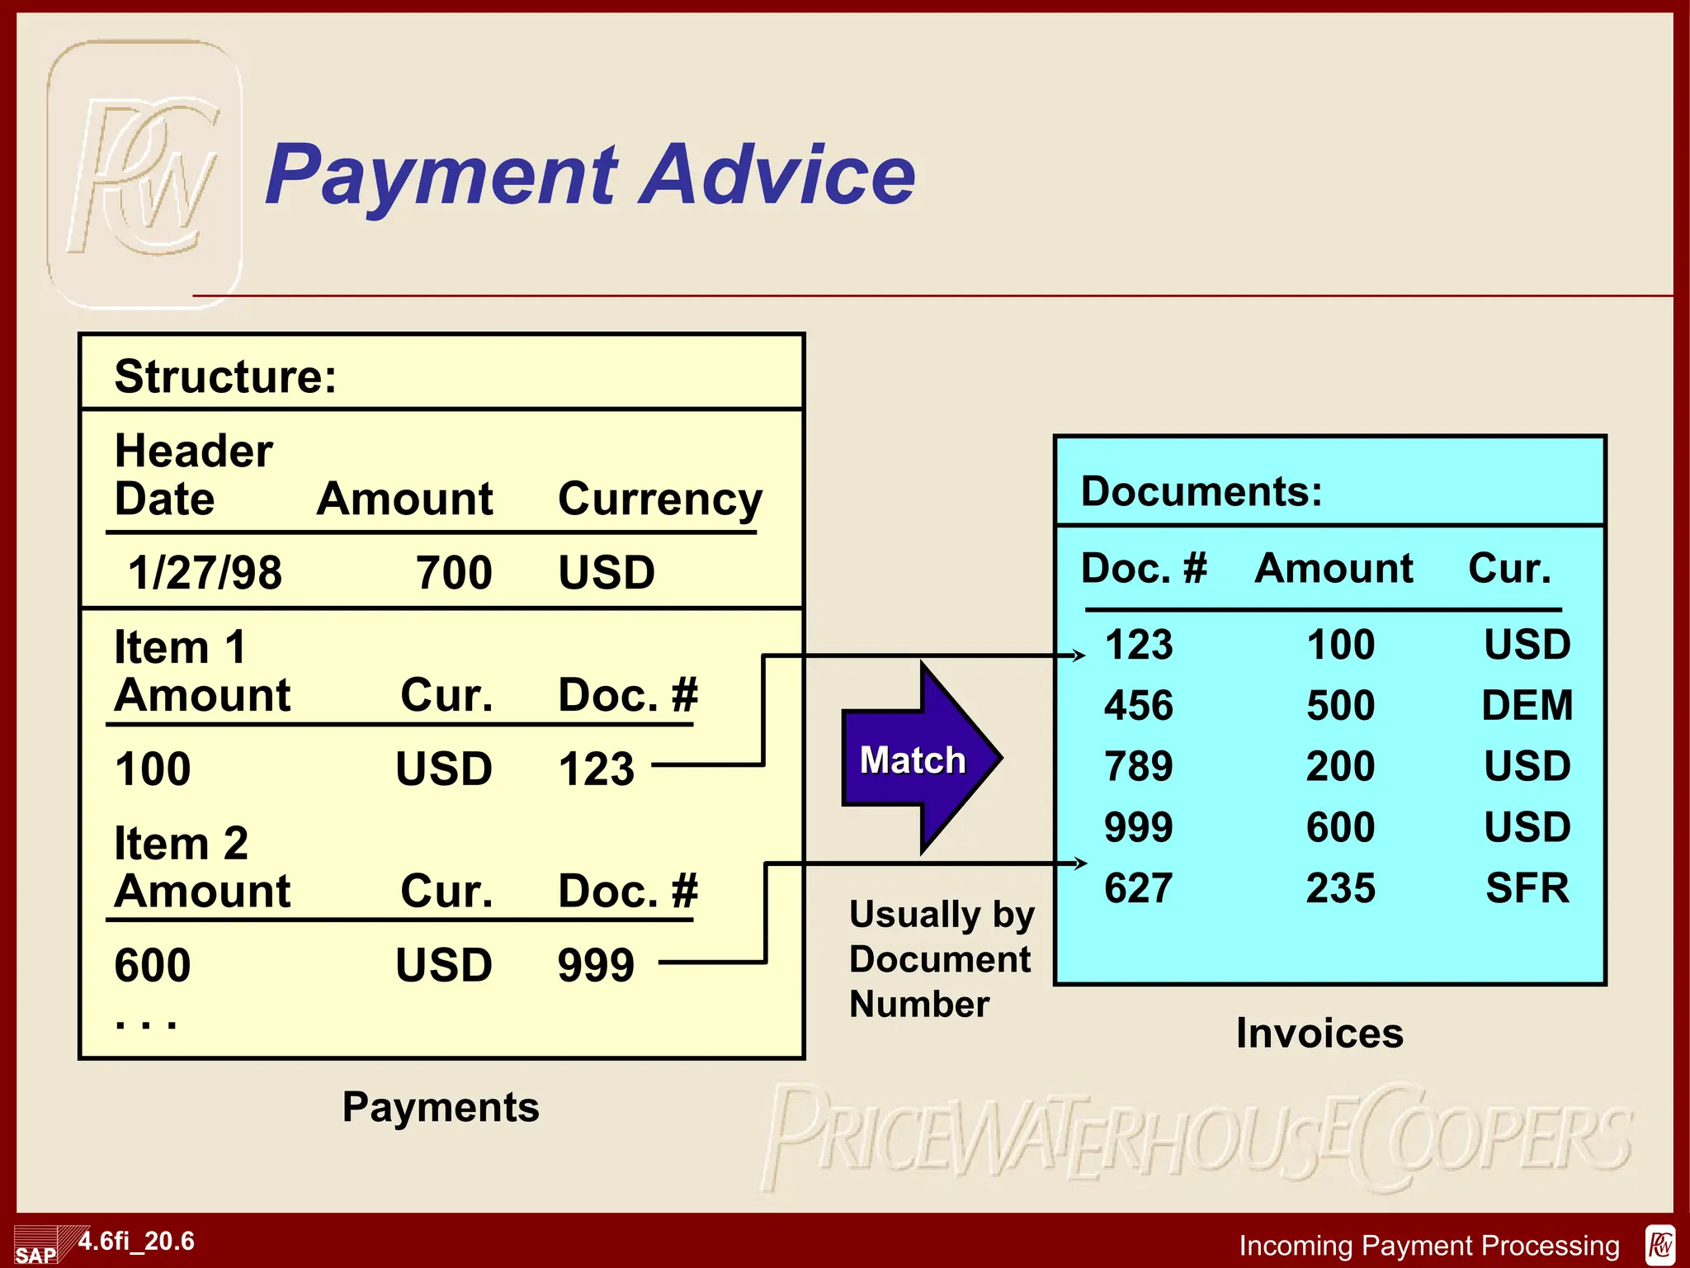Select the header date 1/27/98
205,572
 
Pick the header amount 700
454,572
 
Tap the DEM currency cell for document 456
1527,706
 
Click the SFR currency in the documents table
1527,888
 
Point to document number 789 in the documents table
1139,766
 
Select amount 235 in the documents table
1340,888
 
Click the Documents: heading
1201,491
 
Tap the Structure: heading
225,376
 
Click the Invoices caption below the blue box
1319,1033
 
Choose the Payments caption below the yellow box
441,1107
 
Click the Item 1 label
180,646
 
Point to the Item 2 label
181,843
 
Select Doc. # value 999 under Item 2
596,964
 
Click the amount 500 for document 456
1340,706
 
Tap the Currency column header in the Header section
660,499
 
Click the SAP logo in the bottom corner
35,1249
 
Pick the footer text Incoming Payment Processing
1429,1245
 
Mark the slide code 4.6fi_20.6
136,1241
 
